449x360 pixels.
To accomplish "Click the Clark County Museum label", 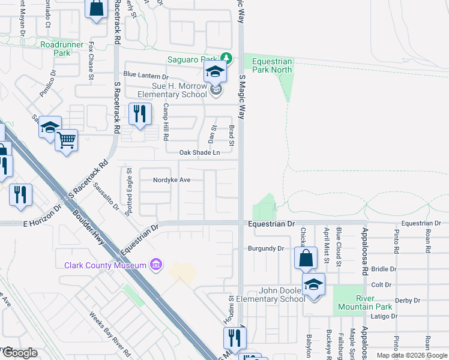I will click(x=106, y=265).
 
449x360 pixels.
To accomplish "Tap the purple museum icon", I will click(x=155, y=265).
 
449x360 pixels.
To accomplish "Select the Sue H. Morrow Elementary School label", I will click(x=164, y=90).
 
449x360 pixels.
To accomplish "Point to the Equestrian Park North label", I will click(x=272, y=65).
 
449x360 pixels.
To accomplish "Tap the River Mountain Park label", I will click(x=365, y=302).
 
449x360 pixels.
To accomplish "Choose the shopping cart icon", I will click(x=66, y=140).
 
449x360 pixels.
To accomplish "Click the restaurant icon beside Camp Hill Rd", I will click(x=140, y=114).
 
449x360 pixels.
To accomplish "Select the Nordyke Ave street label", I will click(x=172, y=180).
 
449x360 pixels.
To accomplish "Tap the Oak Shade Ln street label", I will click(x=200, y=153).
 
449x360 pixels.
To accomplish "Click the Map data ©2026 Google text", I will click(x=412, y=355).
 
